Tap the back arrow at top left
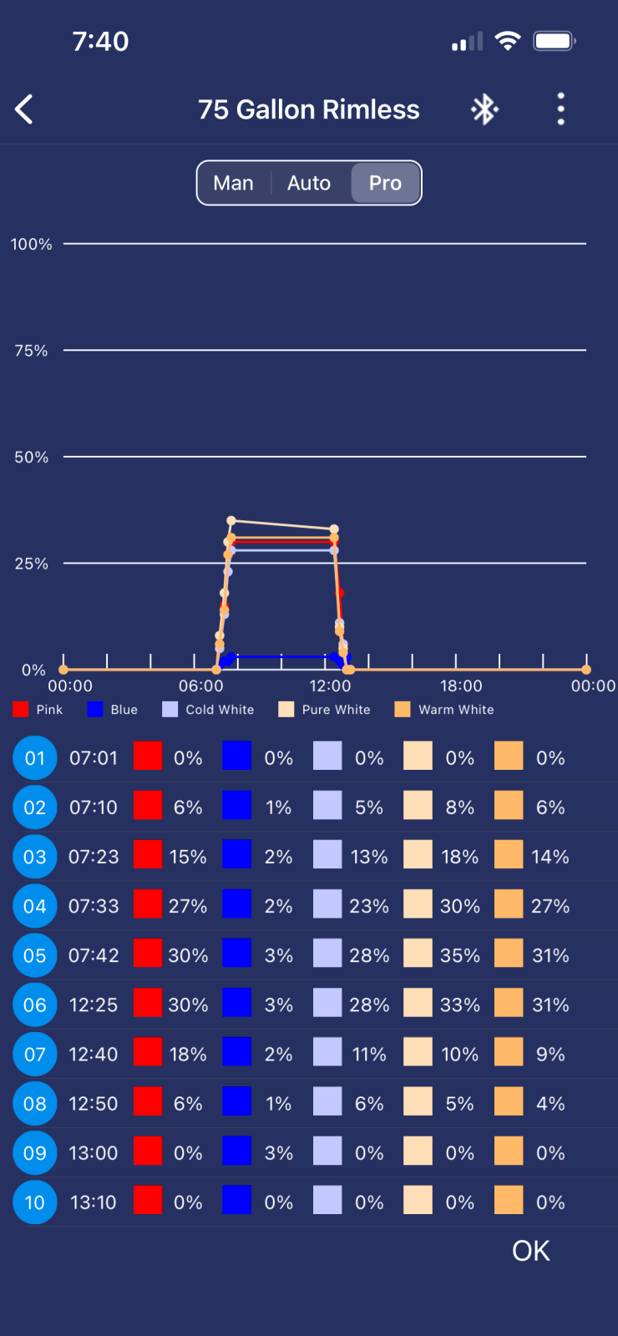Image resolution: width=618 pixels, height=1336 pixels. point(24,109)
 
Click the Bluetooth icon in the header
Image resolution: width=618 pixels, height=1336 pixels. point(484,109)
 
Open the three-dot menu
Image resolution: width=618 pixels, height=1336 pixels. point(560,109)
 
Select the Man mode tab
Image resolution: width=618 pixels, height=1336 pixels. point(233,183)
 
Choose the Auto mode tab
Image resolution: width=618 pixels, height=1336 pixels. point(309,183)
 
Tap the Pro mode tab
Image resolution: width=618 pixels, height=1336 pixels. point(385,183)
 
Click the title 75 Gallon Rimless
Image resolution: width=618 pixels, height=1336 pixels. point(309,109)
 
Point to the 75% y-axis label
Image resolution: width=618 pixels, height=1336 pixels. point(31,351)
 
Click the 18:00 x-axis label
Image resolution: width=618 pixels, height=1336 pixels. point(461,686)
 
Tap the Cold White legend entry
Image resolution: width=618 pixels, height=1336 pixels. point(209,710)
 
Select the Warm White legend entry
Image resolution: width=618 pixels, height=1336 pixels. point(445,710)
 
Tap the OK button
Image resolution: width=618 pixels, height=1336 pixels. point(531,1251)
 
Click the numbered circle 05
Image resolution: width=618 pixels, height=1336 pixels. point(34,955)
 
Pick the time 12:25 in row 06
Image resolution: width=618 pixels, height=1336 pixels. point(94,1005)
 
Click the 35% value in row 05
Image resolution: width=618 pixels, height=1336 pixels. point(460,955)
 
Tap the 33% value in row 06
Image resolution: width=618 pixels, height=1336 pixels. point(460,1005)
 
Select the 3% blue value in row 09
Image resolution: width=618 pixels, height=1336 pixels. point(279,1153)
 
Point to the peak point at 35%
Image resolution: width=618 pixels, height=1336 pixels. point(231,521)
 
